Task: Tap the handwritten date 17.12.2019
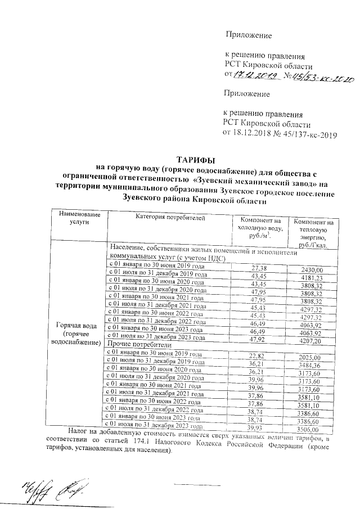click(255, 75)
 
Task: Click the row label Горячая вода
click(75, 334)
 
